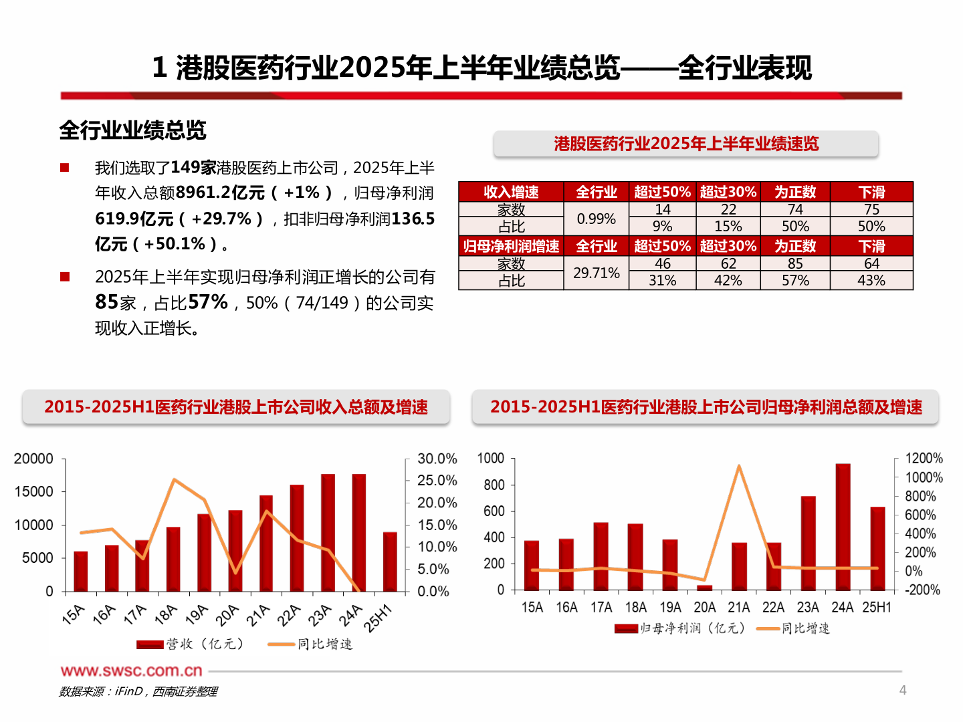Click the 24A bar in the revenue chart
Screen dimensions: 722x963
359,532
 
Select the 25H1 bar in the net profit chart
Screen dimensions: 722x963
877,548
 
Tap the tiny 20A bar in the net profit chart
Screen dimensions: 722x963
705,588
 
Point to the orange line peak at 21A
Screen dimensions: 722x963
739,466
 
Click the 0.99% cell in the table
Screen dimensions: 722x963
596,219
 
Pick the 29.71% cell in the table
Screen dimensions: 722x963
596,273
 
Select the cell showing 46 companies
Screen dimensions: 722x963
662,264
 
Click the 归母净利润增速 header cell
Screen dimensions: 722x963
511,246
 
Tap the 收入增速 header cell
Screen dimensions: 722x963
511,192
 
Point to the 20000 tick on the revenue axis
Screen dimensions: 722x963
33,459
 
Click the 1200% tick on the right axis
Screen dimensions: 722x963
924,459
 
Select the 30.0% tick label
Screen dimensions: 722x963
437,459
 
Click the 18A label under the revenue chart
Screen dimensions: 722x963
165,614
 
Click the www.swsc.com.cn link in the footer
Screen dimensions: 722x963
131,671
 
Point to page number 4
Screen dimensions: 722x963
903,690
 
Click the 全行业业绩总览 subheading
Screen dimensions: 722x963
132,130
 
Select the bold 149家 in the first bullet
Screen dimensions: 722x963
193,167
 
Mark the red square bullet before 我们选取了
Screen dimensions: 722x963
65,167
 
